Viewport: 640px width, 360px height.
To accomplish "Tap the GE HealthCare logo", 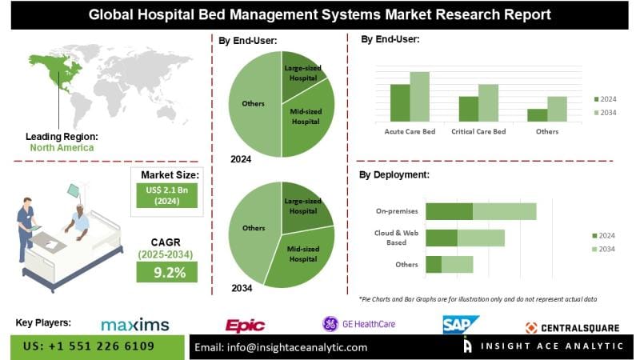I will tap(358, 324).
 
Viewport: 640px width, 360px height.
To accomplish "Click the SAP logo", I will tap(460, 324).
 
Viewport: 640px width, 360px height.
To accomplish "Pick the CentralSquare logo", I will tap(574, 326).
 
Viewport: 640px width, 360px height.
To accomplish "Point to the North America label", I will tap(62, 147).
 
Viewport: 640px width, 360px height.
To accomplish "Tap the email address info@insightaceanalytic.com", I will tap(282, 347).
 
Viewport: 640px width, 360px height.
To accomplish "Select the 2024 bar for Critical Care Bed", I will tap(468, 108).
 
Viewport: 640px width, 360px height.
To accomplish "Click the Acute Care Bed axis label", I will tap(410, 131).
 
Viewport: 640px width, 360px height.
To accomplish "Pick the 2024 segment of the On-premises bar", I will tap(449, 211).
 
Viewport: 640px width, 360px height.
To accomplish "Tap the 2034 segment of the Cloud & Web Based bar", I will tap(481, 238).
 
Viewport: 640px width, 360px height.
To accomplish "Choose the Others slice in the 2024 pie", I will tap(252, 104).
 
